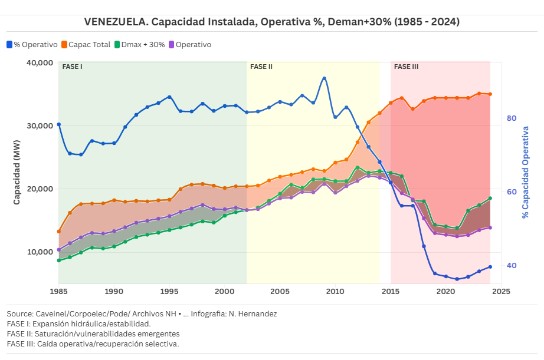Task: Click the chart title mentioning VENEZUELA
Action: pyautogui.click(x=272, y=22)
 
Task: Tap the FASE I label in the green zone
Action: pyautogui.click(x=72, y=67)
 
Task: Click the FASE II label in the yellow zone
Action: pyautogui.click(x=261, y=67)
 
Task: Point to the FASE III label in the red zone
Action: pyautogui.click(x=406, y=67)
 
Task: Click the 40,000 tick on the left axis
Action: pyautogui.click(x=40, y=62)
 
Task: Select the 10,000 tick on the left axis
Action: pyautogui.click(x=40, y=252)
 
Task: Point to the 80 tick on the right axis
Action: pyautogui.click(x=512, y=118)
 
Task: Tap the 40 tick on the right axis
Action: pyautogui.click(x=512, y=266)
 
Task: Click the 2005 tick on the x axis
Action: pyautogui.click(x=280, y=291)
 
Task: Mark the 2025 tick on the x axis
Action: pyautogui.click(x=500, y=291)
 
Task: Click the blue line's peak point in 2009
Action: pyautogui.click(x=324, y=78)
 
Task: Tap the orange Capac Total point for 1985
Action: pyautogui.click(x=58, y=232)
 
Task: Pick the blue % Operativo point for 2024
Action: pyautogui.click(x=490, y=267)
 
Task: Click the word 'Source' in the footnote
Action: pyautogui.click(x=19, y=314)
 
